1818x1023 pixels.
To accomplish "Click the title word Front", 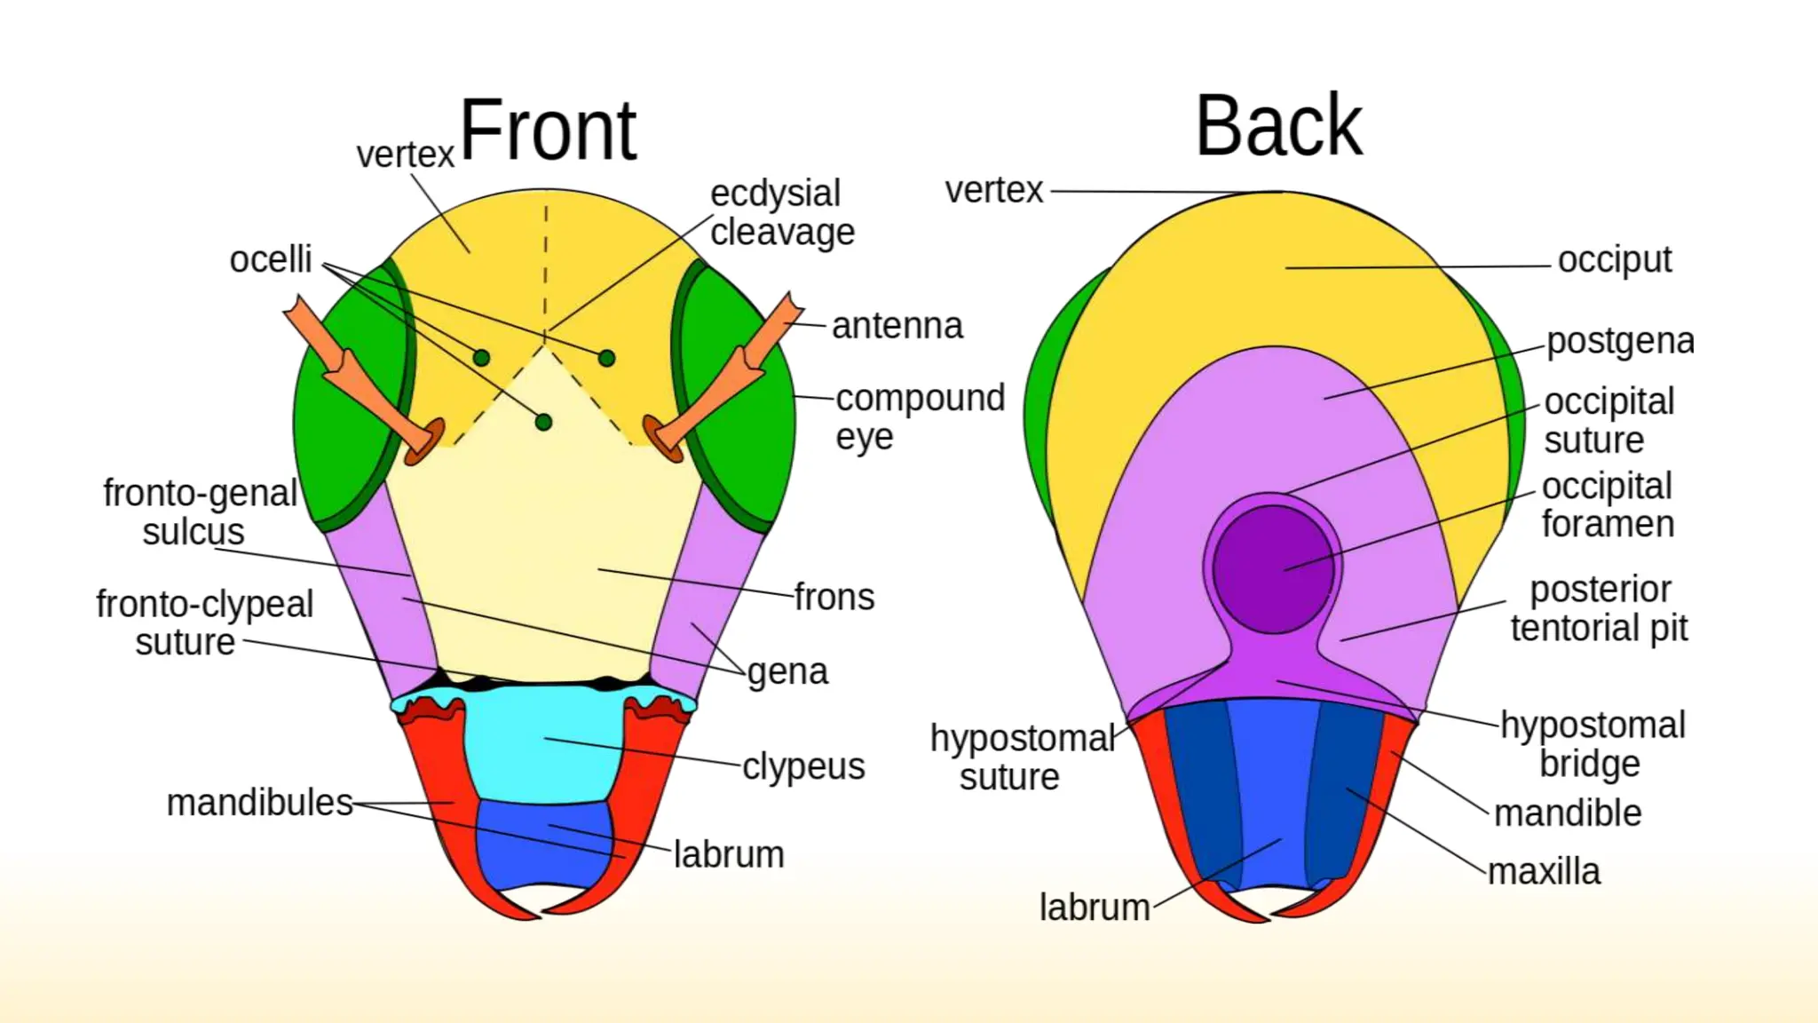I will coord(548,131).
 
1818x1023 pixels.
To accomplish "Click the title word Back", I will coord(1277,127).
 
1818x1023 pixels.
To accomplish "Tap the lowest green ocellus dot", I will coord(543,422).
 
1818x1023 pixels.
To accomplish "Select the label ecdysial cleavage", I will coord(780,213).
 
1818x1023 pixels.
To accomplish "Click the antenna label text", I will coord(897,326).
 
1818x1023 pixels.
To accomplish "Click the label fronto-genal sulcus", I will coord(199,512).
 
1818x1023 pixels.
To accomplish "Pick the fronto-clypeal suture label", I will coord(203,623).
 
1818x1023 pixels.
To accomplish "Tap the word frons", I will coord(834,598).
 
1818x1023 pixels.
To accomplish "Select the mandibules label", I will coord(259,803).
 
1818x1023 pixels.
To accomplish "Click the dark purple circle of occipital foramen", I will coord(1273,568).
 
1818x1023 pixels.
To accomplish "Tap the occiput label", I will coord(1614,260).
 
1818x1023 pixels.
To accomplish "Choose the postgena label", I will coord(1619,342).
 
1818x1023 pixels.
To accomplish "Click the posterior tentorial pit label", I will coord(1599,608).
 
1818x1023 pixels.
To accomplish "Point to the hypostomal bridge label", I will coord(1593,744).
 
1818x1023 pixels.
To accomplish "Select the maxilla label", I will coord(1544,872).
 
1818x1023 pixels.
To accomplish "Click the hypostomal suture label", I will coord(1021,757).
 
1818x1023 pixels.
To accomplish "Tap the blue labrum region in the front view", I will coord(543,844).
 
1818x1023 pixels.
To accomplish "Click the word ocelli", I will coord(271,260).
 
